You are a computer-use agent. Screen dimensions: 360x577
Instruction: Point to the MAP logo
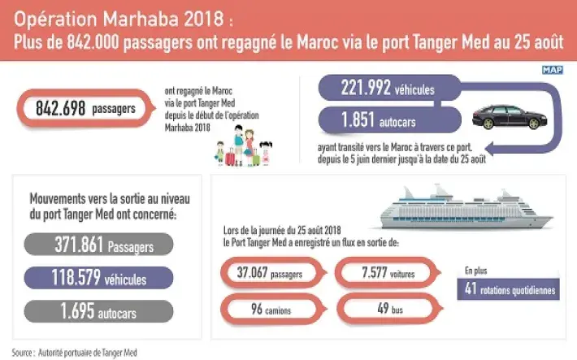[553, 71]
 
